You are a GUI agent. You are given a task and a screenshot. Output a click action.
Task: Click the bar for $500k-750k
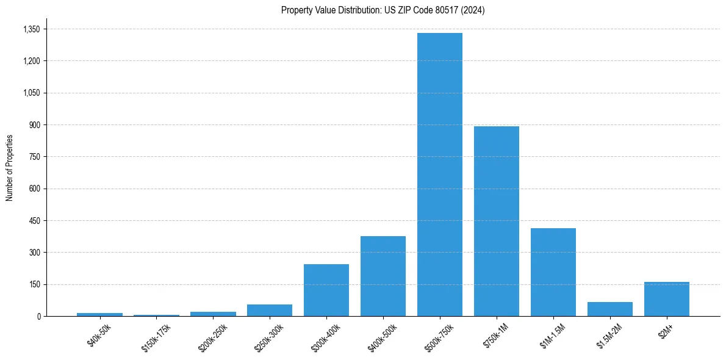[439, 175]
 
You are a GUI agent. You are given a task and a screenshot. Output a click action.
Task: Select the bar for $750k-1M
[496, 221]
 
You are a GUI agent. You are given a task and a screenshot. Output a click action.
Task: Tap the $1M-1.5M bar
[553, 272]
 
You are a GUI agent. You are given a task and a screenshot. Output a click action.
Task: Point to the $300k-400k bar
[326, 290]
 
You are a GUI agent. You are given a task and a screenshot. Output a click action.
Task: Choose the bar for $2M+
[666, 299]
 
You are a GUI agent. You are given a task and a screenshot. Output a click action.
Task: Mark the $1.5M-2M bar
[609, 309]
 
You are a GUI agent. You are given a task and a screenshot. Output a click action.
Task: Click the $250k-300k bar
[269, 310]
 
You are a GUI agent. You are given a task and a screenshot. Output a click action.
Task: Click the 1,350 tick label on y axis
[31, 29]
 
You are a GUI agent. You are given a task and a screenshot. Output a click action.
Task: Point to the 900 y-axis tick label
[35, 125]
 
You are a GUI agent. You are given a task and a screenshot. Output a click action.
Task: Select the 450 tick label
[35, 221]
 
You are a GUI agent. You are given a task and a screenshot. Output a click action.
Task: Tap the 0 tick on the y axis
[38, 316]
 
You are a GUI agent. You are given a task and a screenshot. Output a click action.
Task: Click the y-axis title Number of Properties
[9, 168]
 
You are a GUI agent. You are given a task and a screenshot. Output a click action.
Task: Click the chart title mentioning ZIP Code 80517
[383, 10]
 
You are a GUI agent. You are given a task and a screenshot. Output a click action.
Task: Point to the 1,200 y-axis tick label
[31, 61]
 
